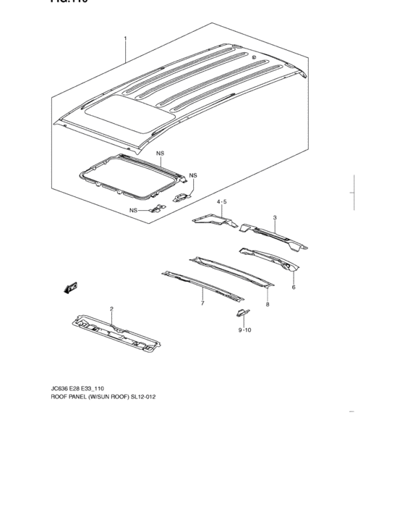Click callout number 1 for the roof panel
125,38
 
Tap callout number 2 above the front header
111,309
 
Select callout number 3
274,217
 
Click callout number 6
293,288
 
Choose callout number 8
267,305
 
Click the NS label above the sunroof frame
160,154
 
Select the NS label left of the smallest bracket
133,210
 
